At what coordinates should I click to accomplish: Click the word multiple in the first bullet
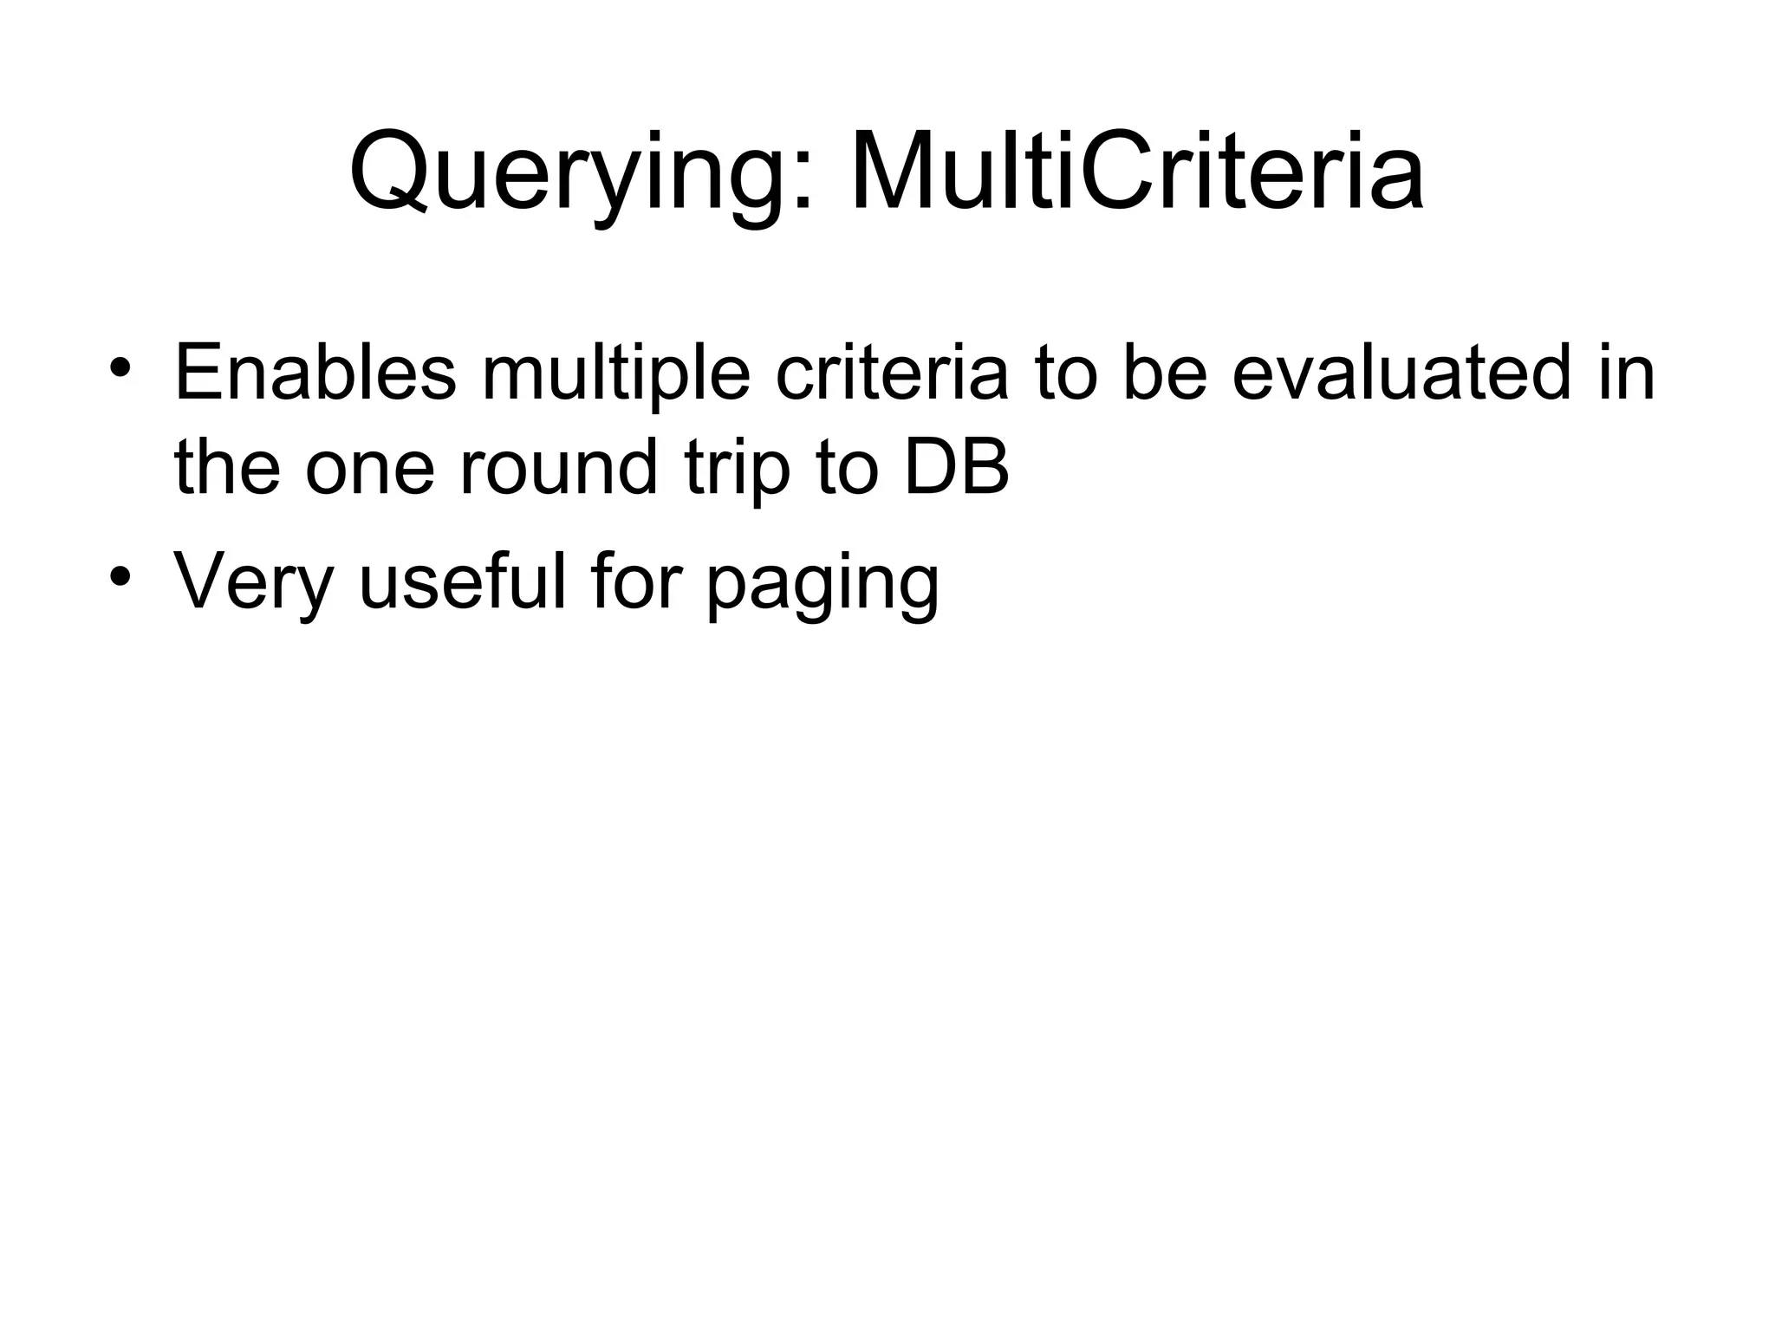[616, 375]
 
